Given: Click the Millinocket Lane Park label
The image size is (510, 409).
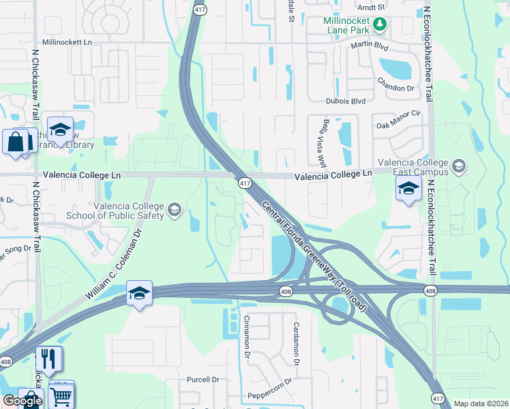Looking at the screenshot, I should coord(347,25).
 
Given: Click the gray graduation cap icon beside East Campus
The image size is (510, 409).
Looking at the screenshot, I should coord(459,165).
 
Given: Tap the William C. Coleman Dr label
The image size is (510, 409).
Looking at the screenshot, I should coord(114,266).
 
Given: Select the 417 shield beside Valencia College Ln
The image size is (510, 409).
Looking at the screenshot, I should coord(245,183).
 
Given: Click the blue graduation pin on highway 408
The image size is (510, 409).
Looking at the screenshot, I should coord(139,294).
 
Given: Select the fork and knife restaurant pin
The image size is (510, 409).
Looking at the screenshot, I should coord(48,359).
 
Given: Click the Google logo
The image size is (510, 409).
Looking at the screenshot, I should coord(22,401).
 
